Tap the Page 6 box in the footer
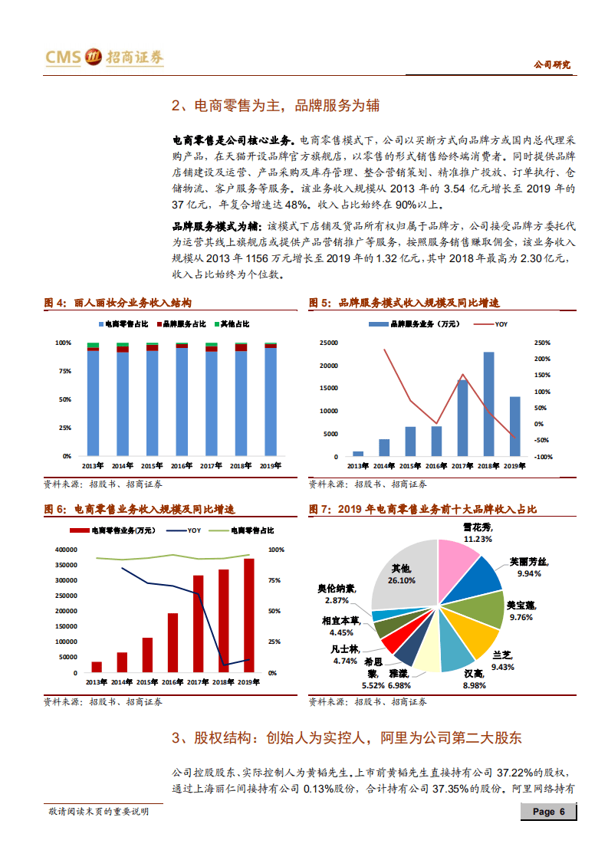(x=548, y=812)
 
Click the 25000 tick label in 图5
(x=328, y=343)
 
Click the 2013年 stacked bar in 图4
(x=93, y=399)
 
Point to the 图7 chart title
(x=422, y=509)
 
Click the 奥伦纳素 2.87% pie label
(x=338, y=594)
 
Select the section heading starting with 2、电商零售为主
(x=275, y=105)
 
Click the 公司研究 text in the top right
(x=552, y=65)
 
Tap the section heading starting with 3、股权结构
(x=347, y=738)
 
